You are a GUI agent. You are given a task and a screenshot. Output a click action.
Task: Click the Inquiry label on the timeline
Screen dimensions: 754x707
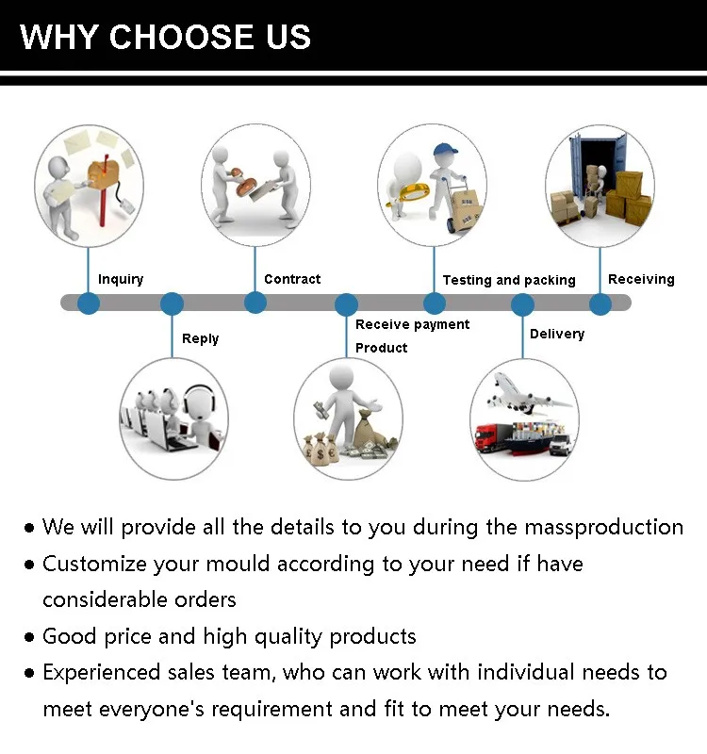121,279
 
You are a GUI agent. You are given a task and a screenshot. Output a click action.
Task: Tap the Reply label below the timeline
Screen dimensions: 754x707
200,338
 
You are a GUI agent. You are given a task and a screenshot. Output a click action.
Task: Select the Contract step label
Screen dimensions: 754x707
292,279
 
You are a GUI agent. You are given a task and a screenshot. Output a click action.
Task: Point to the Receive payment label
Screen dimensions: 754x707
412,324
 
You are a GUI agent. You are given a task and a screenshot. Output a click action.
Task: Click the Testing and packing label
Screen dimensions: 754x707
509,280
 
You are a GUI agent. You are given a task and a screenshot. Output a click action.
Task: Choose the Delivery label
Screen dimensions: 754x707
557,334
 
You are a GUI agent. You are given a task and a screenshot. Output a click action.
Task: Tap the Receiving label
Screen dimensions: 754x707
641,279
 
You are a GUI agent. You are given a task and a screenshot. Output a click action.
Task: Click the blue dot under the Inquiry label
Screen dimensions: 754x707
88,303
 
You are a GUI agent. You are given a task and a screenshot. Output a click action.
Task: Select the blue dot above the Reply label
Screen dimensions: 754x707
172,303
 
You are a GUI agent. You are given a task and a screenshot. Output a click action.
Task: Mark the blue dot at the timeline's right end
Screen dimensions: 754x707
600,303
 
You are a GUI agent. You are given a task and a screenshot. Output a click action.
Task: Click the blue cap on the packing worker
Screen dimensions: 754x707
444,149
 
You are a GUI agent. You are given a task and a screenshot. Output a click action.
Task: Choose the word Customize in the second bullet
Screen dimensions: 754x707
90,564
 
